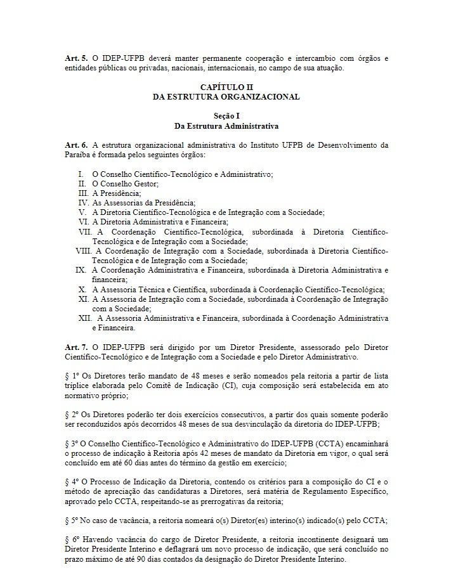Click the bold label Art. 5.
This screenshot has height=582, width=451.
75,58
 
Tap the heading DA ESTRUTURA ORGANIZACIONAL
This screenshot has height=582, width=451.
226,96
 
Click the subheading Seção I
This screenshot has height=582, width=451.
226,117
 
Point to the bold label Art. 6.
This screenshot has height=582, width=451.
75,145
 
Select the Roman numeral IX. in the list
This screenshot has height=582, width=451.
81,269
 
